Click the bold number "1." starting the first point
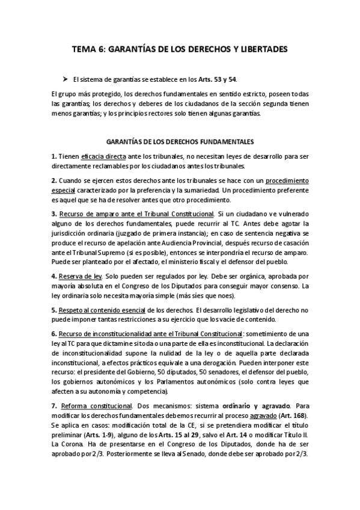tap(54, 156)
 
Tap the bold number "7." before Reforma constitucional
tap(54, 405)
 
